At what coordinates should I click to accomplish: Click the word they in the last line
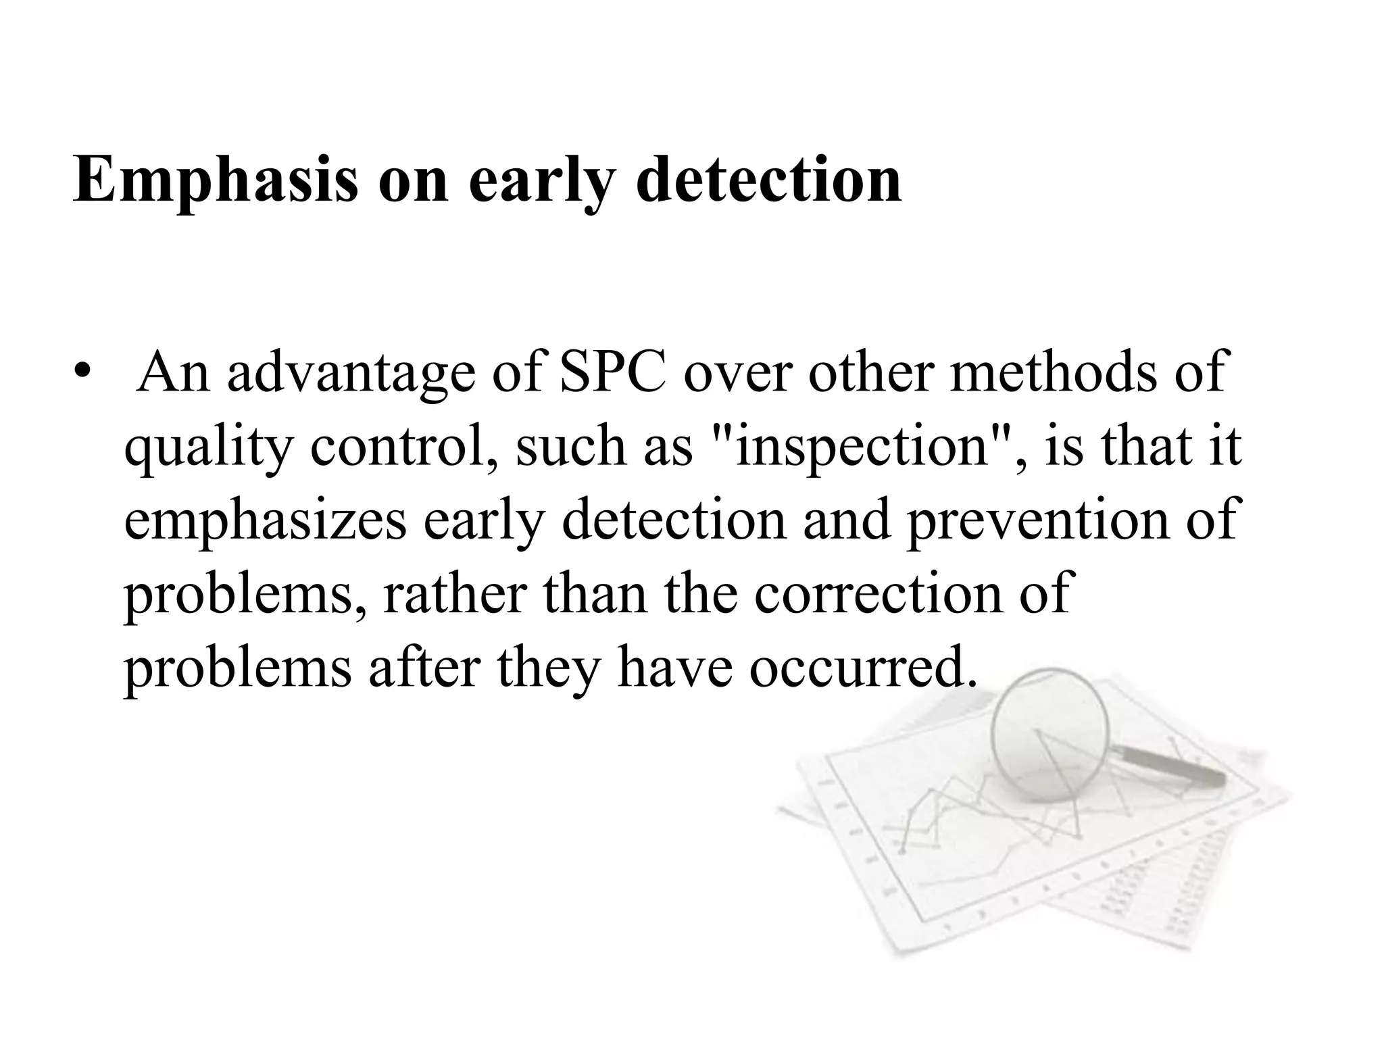point(548,668)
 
